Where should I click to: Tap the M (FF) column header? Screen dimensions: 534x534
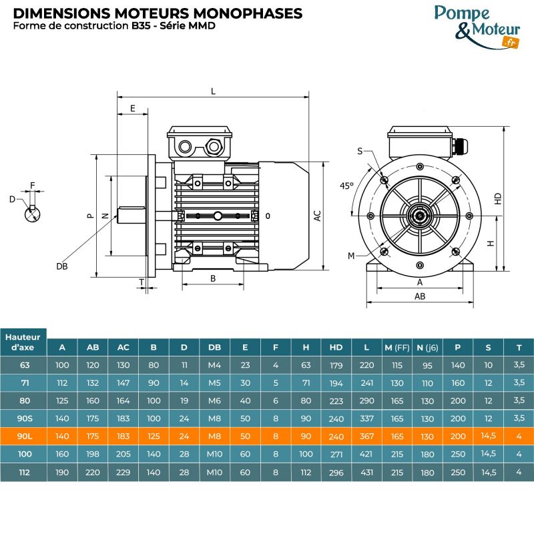[x=397, y=347]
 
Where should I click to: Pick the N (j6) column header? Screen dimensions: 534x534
[x=428, y=347]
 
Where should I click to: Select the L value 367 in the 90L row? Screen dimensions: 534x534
[x=366, y=437]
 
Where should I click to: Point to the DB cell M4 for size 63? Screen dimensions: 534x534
[x=215, y=365]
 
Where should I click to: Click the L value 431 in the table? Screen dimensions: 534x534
[x=366, y=473]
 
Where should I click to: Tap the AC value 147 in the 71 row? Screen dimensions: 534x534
[x=123, y=383]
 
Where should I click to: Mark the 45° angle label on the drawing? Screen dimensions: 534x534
[x=346, y=186]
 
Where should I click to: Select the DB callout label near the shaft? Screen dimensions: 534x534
[x=62, y=266]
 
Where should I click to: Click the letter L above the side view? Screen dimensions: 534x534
[x=213, y=92]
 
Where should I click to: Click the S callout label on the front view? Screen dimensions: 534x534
[x=360, y=152]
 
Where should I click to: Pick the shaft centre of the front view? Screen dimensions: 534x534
[x=420, y=216]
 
